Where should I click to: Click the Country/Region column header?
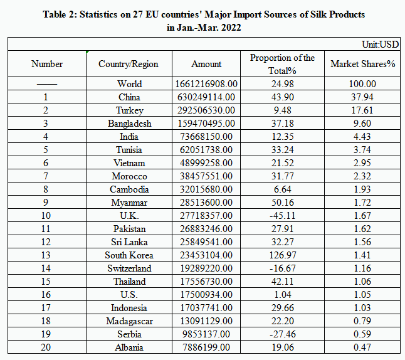[129, 64]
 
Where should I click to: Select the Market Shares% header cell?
[363, 64]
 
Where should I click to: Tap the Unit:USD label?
[380, 45]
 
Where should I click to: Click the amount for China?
[206, 97]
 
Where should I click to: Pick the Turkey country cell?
[129, 110]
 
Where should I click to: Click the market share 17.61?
[363, 110]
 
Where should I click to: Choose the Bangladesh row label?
[129, 124]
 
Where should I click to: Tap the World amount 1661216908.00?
[206, 84]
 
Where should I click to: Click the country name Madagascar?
[129, 321]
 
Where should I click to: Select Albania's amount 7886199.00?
[206, 347]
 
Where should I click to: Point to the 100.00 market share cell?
[363, 84]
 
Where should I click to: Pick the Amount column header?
[206, 64]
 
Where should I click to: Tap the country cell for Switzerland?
[129, 268]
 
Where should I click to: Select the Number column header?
[46, 64]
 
